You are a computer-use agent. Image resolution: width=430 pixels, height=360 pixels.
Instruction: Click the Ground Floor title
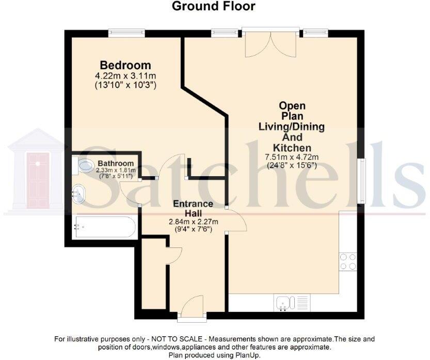click(x=213, y=6)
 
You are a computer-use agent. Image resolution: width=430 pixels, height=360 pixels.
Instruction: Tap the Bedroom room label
click(x=125, y=66)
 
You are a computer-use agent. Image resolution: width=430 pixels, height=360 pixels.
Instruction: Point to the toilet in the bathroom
click(x=84, y=166)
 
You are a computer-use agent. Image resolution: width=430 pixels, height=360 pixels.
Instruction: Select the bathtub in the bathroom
click(x=105, y=227)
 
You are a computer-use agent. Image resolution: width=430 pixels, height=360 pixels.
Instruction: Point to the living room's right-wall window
click(x=363, y=180)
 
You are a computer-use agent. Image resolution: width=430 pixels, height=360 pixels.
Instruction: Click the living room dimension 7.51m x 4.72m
click(x=291, y=158)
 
